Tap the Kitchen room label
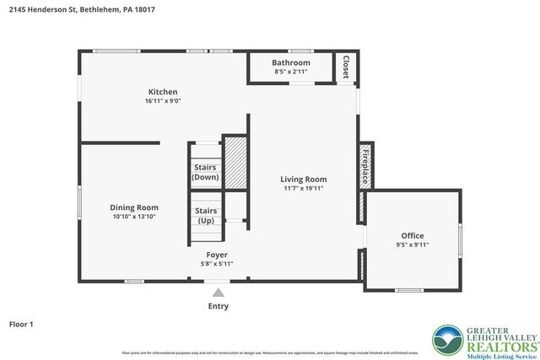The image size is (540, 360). pos(163,92)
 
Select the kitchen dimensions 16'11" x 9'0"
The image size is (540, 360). pos(163,101)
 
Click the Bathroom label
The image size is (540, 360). pos(291,63)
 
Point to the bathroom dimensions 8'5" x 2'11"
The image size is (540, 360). pos(291,73)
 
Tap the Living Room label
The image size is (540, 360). pos(304,179)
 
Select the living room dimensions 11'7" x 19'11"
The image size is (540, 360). pos(304,188)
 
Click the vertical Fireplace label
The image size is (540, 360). pos(365,165)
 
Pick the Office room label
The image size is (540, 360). pos(412,235)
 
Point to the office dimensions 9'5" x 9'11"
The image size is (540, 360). pos(412,245)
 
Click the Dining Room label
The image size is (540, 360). pos(134,207)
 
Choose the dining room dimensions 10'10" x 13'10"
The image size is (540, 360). pos(134,217)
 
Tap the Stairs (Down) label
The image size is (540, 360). pos(206,172)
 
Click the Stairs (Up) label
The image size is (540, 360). pos(206,216)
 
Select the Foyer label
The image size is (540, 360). pos(217,254)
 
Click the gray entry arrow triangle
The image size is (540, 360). pos(218,293)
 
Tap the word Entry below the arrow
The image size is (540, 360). pos(218,306)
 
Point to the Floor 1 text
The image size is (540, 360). pos(21,323)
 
